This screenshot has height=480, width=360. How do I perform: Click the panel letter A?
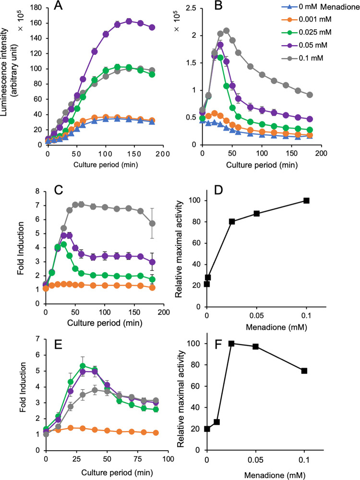(x=73, y=7)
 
